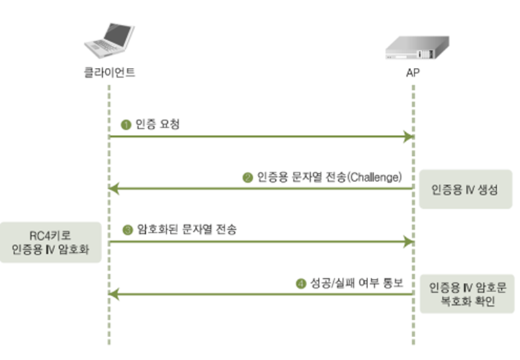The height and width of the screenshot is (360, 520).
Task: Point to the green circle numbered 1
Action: pos(125,124)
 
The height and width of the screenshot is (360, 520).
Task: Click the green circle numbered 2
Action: pos(247,178)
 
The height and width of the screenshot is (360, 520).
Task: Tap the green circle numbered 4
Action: pos(300,283)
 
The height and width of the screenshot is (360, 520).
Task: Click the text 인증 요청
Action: pos(158,124)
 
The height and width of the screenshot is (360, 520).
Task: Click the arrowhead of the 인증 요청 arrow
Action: pos(407,137)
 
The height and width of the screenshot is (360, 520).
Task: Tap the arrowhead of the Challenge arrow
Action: pos(114,189)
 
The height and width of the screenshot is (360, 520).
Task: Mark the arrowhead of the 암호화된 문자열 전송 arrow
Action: pos(407,241)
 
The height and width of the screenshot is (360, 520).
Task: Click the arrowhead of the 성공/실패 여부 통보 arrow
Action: pos(114,294)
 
